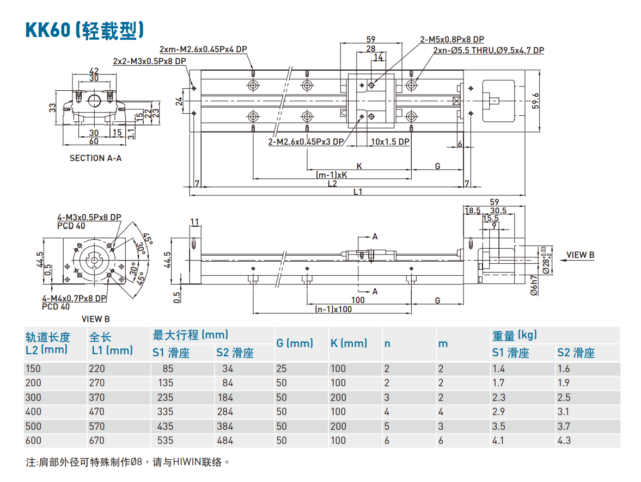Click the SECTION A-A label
coord(95,158)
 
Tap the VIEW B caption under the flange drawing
coord(95,319)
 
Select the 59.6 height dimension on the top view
coord(535,102)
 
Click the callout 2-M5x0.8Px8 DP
coord(451,39)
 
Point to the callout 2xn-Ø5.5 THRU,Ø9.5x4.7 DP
coord(488,51)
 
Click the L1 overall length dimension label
coord(358,191)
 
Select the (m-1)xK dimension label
coord(331,175)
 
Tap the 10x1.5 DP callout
coord(389,141)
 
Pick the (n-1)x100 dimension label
coord(333,309)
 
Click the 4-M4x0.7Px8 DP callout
coord(74,299)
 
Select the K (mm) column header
coord(349,343)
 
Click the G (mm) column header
coord(294,343)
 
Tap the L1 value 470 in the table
coord(96,412)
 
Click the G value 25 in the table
coord(281,368)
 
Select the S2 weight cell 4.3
coord(564,440)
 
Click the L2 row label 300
coord(33,397)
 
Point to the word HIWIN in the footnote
coord(188,462)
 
